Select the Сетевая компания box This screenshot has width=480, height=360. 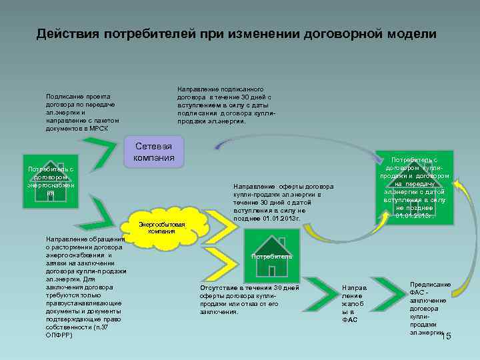[x=154, y=152]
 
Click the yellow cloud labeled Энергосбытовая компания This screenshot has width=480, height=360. [x=161, y=227]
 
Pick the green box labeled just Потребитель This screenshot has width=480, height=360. [x=272, y=254]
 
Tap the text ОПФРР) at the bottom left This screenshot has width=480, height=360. [x=59, y=335]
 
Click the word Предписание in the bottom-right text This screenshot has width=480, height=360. [x=430, y=285]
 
